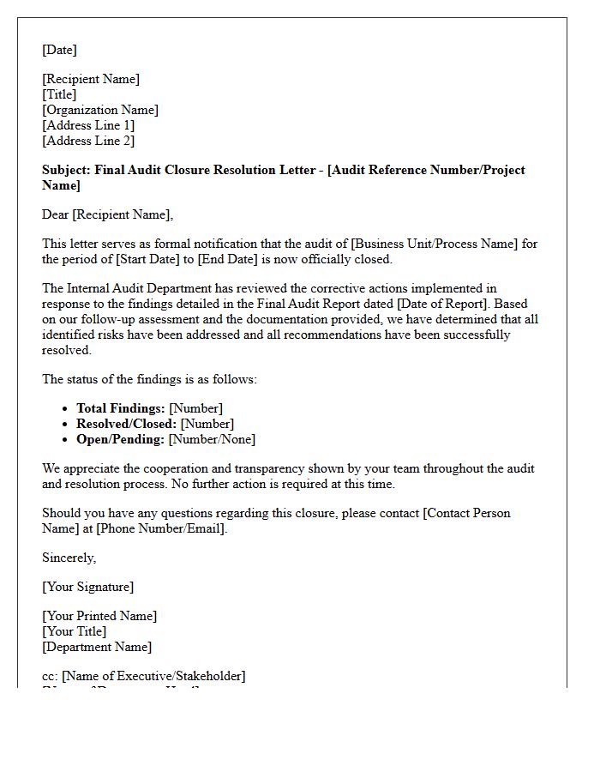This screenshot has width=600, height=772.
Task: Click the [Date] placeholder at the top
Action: click(x=59, y=50)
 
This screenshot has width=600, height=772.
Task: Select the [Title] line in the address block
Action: click(x=59, y=94)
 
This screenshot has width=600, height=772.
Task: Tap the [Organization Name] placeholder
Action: click(x=100, y=110)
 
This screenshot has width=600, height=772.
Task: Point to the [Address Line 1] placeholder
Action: click(x=88, y=125)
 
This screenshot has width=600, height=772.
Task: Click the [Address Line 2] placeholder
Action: click(x=88, y=141)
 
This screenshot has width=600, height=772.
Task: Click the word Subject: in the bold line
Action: click(x=66, y=170)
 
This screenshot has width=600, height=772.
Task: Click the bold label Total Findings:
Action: click(x=120, y=408)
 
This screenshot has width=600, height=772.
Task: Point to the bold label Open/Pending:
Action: click(x=120, y=439)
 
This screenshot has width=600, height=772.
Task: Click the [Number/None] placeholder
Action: click(x=212, y=439)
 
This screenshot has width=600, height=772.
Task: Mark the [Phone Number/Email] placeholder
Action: click(x=162, y=528)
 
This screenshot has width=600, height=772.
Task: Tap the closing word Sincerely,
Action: click(x=69, y=558)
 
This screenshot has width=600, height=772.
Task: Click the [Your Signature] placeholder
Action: click(x=87, y=587)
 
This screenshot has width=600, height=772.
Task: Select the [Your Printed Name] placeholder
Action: click(x=99, y=616)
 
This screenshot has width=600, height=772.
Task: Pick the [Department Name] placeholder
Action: click(x=97, y=647)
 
